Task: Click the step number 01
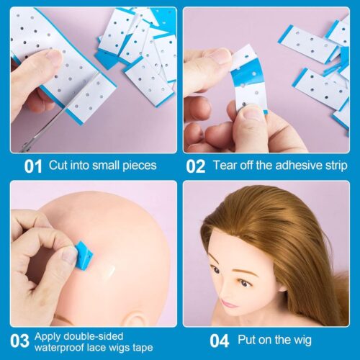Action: (x=33, y=166)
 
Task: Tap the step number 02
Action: (x=195, y=166)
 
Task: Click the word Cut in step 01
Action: (x=58, y=166)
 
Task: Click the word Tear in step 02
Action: (x=225, y=166)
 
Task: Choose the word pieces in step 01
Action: (x=136, y=166)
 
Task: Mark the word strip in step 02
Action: (x=329, y=166)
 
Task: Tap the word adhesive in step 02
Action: (x=289, y=166)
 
